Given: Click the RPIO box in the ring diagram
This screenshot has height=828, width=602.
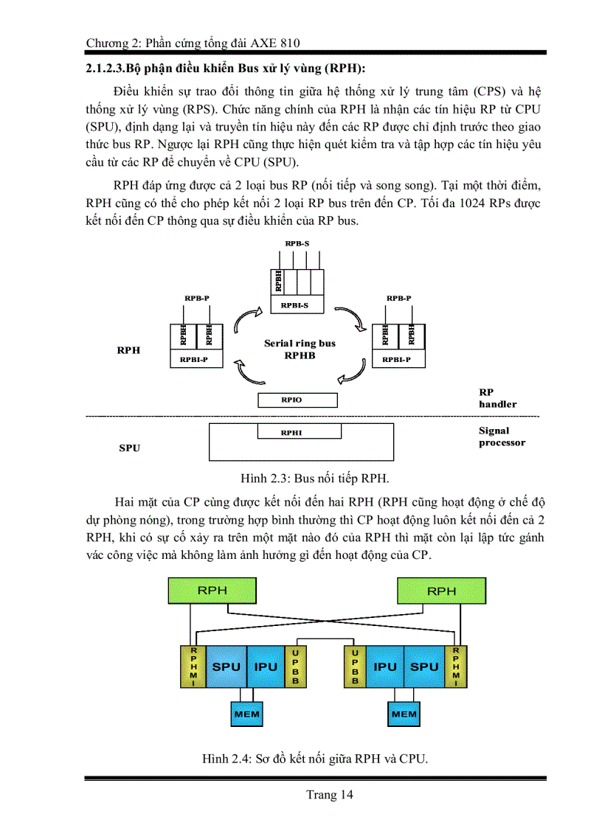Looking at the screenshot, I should coord(297,400).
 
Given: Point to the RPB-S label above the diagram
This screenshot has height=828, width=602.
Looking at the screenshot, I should coord(297,243).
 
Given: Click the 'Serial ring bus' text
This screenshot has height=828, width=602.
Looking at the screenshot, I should coord(300,344).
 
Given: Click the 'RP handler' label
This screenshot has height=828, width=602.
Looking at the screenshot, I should coord(498,398).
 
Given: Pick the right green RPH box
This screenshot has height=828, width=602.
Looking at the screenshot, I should coord(441,591).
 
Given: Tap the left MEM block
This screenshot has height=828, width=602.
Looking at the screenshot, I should coord(246,714).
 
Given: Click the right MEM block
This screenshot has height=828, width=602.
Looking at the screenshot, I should coord(404,714).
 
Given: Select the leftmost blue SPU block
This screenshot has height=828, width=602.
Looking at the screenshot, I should coord(226,667).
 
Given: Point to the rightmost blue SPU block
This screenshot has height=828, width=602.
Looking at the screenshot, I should coord(424,667).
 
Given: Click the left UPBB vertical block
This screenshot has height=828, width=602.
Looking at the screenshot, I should coord(295,667).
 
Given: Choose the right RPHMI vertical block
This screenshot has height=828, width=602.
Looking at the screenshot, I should coord(456,667).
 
